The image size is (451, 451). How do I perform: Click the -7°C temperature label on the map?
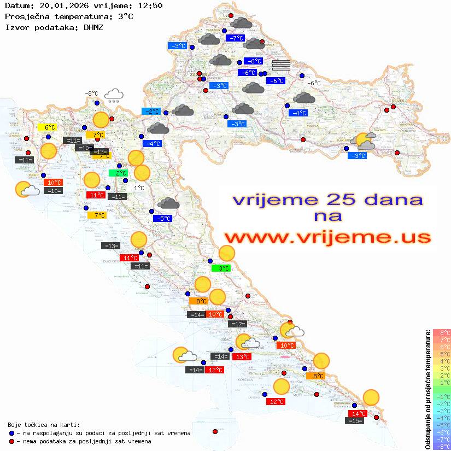click(x=235, y=38)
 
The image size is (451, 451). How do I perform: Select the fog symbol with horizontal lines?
click(x=280, y=65)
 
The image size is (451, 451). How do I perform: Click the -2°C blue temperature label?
click(x=150, y=112)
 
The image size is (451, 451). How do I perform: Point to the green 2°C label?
click(x=118, y=173)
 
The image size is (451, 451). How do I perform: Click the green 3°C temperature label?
click(x=221, y=268)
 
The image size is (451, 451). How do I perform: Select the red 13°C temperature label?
click(x=241, y=357)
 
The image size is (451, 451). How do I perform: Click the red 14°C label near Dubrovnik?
click(x=358, y=414)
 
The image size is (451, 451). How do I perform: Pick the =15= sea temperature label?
click(x=355, y=421)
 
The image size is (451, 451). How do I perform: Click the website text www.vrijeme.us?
click(x=327, y=237)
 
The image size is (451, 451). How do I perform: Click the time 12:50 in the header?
click(x=149, y=5)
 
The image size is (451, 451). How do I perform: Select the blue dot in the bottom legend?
click(x=11, y=433)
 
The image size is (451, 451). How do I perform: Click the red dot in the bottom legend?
click(x=11, y=441)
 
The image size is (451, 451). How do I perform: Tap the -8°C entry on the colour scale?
click(x=441, y=447)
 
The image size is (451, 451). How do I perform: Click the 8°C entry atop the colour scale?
click(x=441, y=332)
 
